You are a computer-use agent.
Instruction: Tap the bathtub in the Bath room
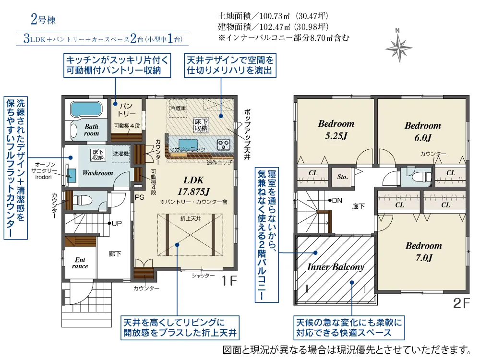[86, 109]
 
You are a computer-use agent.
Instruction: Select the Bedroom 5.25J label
[336, 129]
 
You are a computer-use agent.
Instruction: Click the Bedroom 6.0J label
[422, 131]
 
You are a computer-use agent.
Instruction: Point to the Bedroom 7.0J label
[423, 251]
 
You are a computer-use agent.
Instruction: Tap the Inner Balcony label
[336, 267]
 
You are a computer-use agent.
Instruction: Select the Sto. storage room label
[342, 177]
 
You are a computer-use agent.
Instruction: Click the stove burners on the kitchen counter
[224, 144]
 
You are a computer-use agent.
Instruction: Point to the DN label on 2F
[337, 200]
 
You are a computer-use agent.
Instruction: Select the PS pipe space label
[140, 196]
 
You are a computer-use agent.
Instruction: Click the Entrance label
[80, 263]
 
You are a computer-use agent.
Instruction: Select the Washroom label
[97, 173]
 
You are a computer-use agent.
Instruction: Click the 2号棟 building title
[43, 20]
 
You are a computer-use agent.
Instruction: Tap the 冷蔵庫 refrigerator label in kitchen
[179, 109]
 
